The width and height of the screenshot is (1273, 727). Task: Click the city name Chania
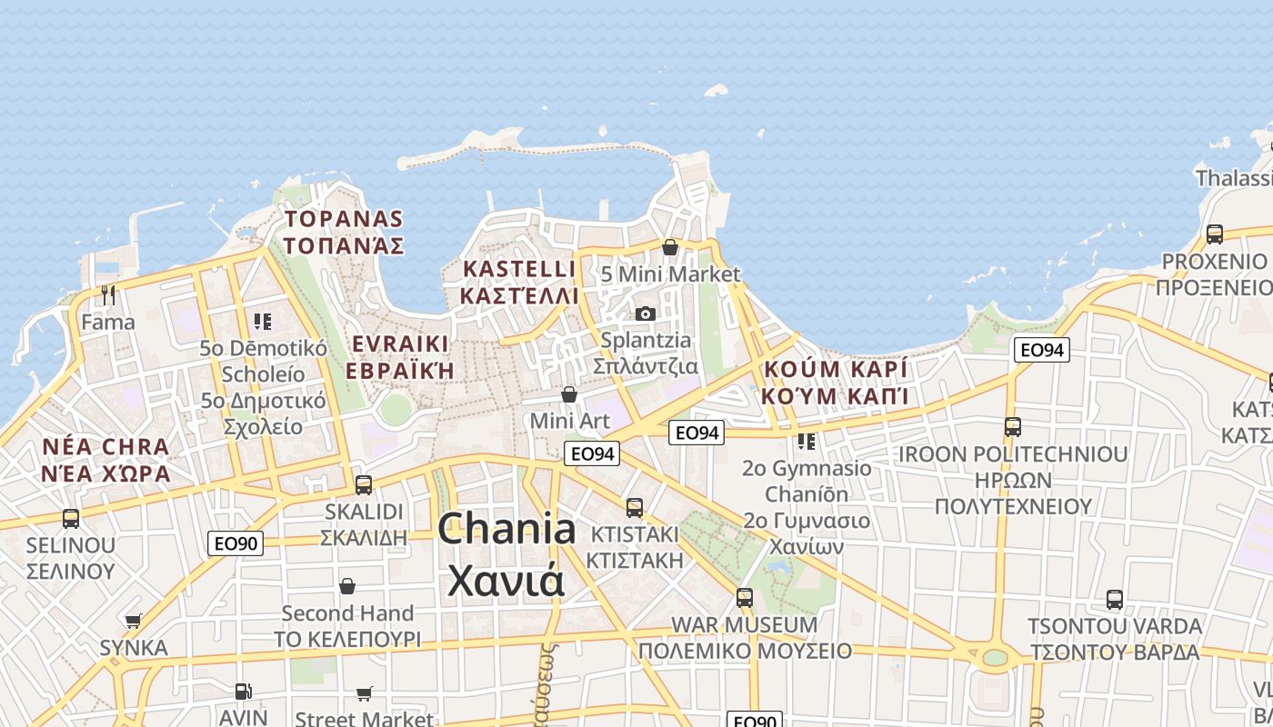point(506,529)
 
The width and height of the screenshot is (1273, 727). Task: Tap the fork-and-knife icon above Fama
point(108,294)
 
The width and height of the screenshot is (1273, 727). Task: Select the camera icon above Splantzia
point(646,314)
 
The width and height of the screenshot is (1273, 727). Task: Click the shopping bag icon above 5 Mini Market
point(670,247)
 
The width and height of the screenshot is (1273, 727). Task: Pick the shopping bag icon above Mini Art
point(569,394)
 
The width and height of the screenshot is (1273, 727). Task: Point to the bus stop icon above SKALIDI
point(364,484)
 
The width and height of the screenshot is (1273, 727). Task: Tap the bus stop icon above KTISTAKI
point(635,507)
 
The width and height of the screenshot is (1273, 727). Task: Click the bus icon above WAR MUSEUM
point(745,598)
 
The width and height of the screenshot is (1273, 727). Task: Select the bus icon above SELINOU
point(71,519)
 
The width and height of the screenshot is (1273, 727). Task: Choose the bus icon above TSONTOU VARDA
point(1115,600)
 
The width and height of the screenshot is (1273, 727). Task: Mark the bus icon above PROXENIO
point(1215,234)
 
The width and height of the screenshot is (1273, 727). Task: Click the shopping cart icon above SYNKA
point(134,622)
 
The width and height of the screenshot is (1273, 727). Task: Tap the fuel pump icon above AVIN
point(243,692)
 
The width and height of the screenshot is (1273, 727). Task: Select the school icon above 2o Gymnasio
point(807,442)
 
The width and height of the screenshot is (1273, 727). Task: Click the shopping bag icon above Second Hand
point(347,586)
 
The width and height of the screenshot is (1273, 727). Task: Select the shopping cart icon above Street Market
point(365,694)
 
